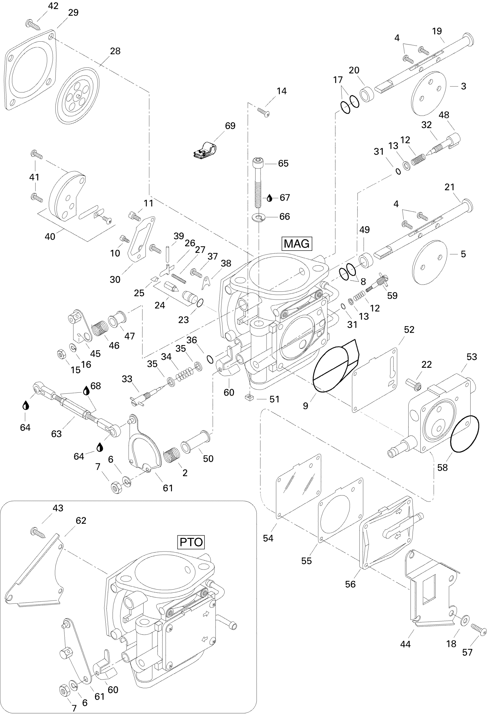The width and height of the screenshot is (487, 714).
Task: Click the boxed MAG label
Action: [296, 244]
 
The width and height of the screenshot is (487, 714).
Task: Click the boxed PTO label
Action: [191, 542]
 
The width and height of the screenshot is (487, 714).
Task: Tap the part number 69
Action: [230, 126]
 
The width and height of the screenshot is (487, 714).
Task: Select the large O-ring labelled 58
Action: [464, 434]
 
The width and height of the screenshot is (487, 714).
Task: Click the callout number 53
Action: [472, 357]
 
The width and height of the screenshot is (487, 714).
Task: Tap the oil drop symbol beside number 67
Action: [270, 198]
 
